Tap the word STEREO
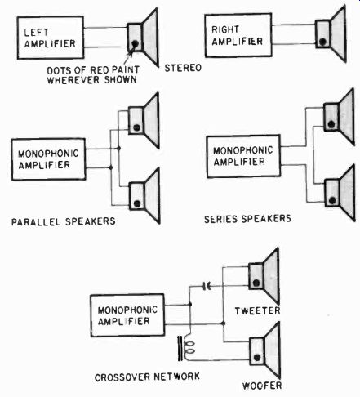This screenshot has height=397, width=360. [183, 68]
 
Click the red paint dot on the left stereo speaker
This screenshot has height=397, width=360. [135, 43]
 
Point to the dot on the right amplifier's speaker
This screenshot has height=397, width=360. [322, 42]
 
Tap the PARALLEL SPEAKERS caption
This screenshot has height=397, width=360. [63, 221]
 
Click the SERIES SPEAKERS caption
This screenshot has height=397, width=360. [247, 219]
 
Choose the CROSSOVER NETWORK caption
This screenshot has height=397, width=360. [147, 377]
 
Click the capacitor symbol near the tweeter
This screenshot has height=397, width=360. [207, 286]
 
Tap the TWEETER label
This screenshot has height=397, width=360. [257, 310]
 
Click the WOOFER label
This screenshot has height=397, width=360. [262, 386]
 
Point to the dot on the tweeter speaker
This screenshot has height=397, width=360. [256, 283]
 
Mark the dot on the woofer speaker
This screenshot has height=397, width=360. [257, 358]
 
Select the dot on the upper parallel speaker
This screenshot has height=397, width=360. [136, 127]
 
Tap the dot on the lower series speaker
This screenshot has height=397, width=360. [332, 201]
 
